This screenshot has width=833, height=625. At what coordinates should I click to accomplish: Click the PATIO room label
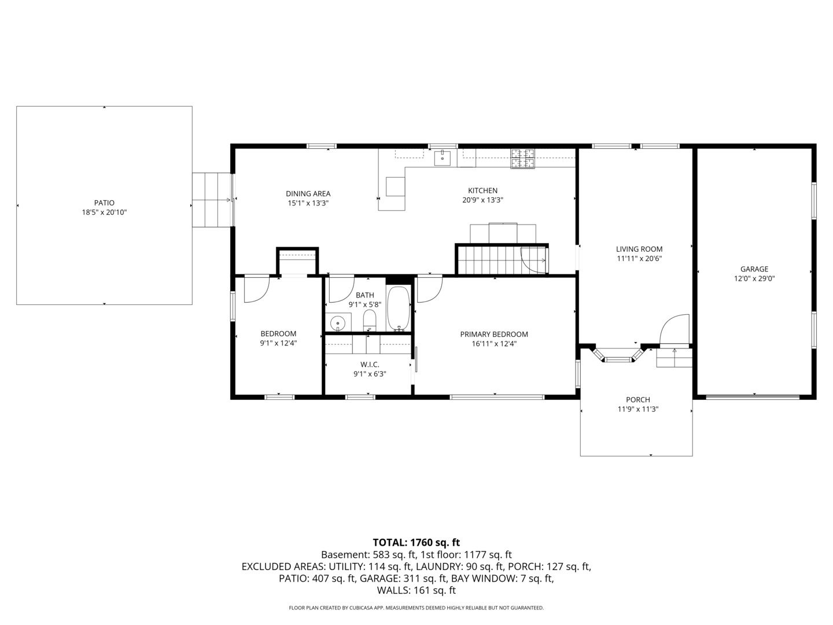(104, 203)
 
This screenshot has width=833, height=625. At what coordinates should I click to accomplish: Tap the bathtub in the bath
(399, 309)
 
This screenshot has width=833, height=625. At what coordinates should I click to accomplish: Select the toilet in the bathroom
(369, 321)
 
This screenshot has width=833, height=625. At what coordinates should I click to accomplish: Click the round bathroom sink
(337, 323)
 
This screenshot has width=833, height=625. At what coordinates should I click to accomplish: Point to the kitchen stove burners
(523, 159)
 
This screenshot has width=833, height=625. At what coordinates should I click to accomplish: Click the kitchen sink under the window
(443, 158)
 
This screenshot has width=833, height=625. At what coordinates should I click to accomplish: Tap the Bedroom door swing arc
(257, 289)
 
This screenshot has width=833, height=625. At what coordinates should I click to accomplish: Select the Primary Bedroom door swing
(430, 289)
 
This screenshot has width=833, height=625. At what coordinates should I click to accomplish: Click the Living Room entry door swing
(674, 329)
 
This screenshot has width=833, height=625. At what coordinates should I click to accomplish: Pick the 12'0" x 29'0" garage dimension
(754, 278)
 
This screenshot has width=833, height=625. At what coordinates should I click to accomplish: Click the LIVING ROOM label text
(639, 249)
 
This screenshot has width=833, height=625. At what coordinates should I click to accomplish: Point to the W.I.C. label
(370, 365)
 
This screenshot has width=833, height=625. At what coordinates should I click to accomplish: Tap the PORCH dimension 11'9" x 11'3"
(638, 409)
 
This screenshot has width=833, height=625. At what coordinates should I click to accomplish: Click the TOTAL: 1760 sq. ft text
(417, 542)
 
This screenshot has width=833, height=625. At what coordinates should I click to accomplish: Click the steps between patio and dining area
(212, 200)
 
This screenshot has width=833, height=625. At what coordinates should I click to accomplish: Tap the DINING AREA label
(308, 193)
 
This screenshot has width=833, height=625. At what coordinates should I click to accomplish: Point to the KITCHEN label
(482, 190)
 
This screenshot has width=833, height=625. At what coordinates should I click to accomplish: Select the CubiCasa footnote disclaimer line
(417, 608)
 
